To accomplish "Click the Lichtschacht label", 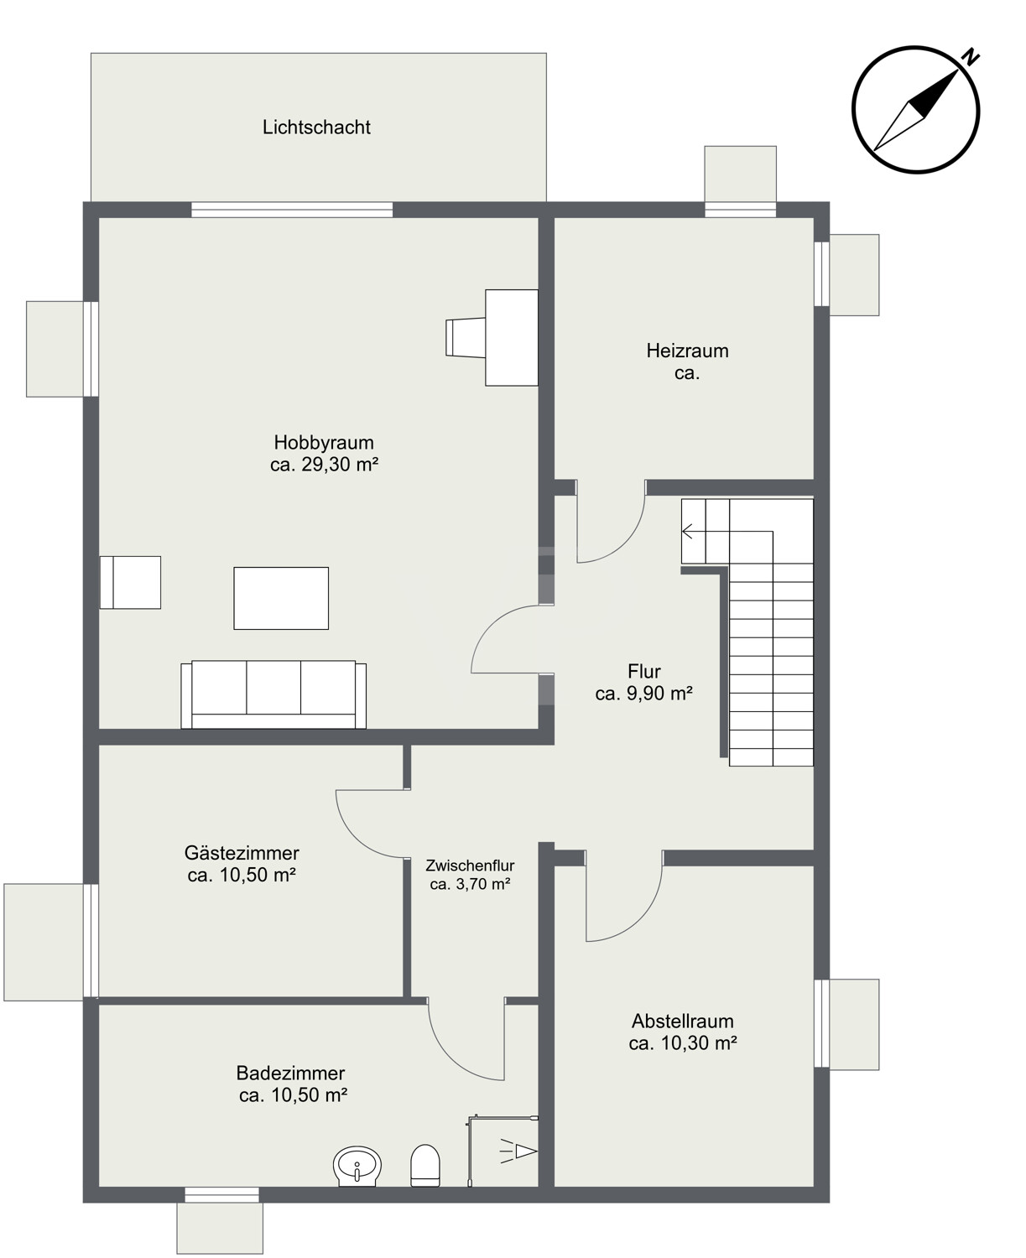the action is pyautogui.click(x=316, y=127).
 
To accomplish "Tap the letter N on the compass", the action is pyautogui.click(x=971, y=58).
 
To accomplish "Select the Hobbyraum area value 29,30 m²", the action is pyautogui.click(x=340, y=464).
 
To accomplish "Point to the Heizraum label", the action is pyautogui.click(x=688, y=350).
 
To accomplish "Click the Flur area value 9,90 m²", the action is pyautogui.click(x=659, y=693).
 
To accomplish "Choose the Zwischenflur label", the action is pyautogui.click(x=470, y=865).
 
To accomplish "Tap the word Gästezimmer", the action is pyautogui.click(x=242, y=852).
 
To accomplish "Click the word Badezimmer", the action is pyautogui.click(x=290, y=1073).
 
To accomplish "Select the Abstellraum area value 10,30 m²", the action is pyautogui.click(x=699, y=1042).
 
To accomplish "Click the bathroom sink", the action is pyautogui.click(x=357, y=1167).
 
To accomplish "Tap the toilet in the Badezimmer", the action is pyautogui.click(x=425, y=1166).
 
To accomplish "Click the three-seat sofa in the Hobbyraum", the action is pyautogui.click(x=273, y=694).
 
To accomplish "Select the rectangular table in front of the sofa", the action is pyautogui.click(x=281, y=598).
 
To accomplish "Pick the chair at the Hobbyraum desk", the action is pyautogui.click(x=466, y=338).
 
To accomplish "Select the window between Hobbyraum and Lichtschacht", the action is pyautogui.click(x=292, y=210).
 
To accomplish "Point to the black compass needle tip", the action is pyautogui.click(x=958, y=70).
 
